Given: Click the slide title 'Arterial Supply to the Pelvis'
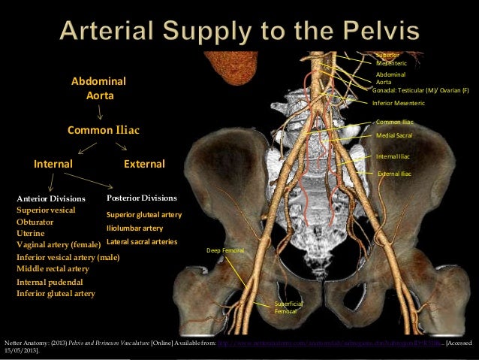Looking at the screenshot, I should click(239, 32).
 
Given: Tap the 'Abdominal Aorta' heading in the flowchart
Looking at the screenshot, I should click(98, 88).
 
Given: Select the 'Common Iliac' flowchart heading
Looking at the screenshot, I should click(104, 130).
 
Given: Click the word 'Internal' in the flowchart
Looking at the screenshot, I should click(53, 164).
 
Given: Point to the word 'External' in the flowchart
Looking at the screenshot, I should click(144, 164).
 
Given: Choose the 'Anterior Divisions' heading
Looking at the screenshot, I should click(52, 198).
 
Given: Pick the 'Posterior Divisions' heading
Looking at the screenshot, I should click(142, 198).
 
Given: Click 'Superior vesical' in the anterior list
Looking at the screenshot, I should click(46, 210).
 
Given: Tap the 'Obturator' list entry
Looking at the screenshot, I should click(35, 222).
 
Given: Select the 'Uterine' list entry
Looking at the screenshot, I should click(31, 234).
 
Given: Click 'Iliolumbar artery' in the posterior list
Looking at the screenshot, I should click(135, 228).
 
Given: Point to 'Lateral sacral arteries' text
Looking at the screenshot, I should click(142, 242).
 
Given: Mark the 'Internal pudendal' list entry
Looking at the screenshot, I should click(47, 281).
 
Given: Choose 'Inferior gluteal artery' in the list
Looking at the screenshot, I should click(56, 293).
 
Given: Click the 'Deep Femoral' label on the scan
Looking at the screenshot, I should click(225, 250).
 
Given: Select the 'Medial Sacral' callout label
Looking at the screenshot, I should click(393, 136).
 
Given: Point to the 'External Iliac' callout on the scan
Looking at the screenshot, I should click(394, 174).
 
